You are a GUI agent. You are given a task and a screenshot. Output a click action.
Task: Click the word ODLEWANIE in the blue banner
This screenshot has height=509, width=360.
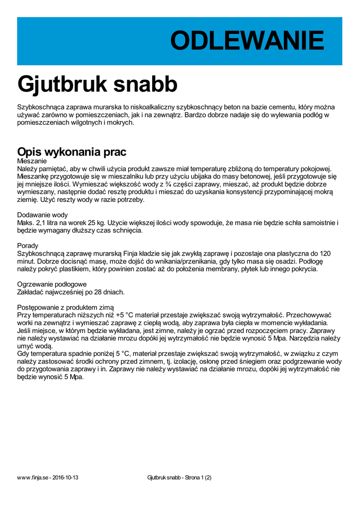point(247,41)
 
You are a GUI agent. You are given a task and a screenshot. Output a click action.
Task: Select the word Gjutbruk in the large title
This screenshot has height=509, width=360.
point(62,84)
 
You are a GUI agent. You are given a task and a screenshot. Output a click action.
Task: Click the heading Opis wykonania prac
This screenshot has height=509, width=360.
point(72,152)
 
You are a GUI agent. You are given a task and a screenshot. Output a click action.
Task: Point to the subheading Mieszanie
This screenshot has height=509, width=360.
point(32,161)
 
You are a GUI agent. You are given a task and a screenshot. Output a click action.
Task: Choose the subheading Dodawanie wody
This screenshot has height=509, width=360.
point(42,215)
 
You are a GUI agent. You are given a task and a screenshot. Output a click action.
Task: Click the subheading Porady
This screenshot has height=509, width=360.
point(27,246)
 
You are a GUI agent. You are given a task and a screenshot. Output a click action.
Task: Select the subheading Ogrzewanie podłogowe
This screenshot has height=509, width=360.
point(52,284)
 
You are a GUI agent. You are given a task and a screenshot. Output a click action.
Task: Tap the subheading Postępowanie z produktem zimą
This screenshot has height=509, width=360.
point(65,307)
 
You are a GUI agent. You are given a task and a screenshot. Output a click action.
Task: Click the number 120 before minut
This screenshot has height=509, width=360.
point(325,254)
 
